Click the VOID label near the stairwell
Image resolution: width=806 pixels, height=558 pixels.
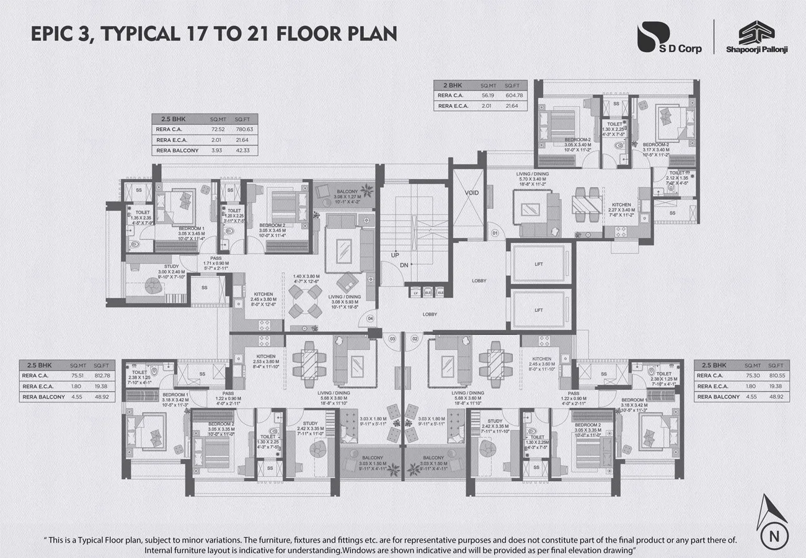[x=472, y=193]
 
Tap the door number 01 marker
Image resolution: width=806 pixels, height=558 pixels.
[x=495, y=233]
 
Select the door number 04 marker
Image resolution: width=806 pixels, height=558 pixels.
[x=370, y=319]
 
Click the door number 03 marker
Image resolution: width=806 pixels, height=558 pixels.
[x=392, y=339]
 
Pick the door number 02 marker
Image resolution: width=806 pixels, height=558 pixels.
[x=415, y=339]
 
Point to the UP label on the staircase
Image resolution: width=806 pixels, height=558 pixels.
[x=395, y=255]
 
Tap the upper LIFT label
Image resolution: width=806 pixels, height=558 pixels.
[x=538, y=264]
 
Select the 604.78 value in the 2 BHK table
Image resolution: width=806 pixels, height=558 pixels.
[x=512, y=95]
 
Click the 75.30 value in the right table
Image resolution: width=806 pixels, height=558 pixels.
[x=749, y=375]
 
